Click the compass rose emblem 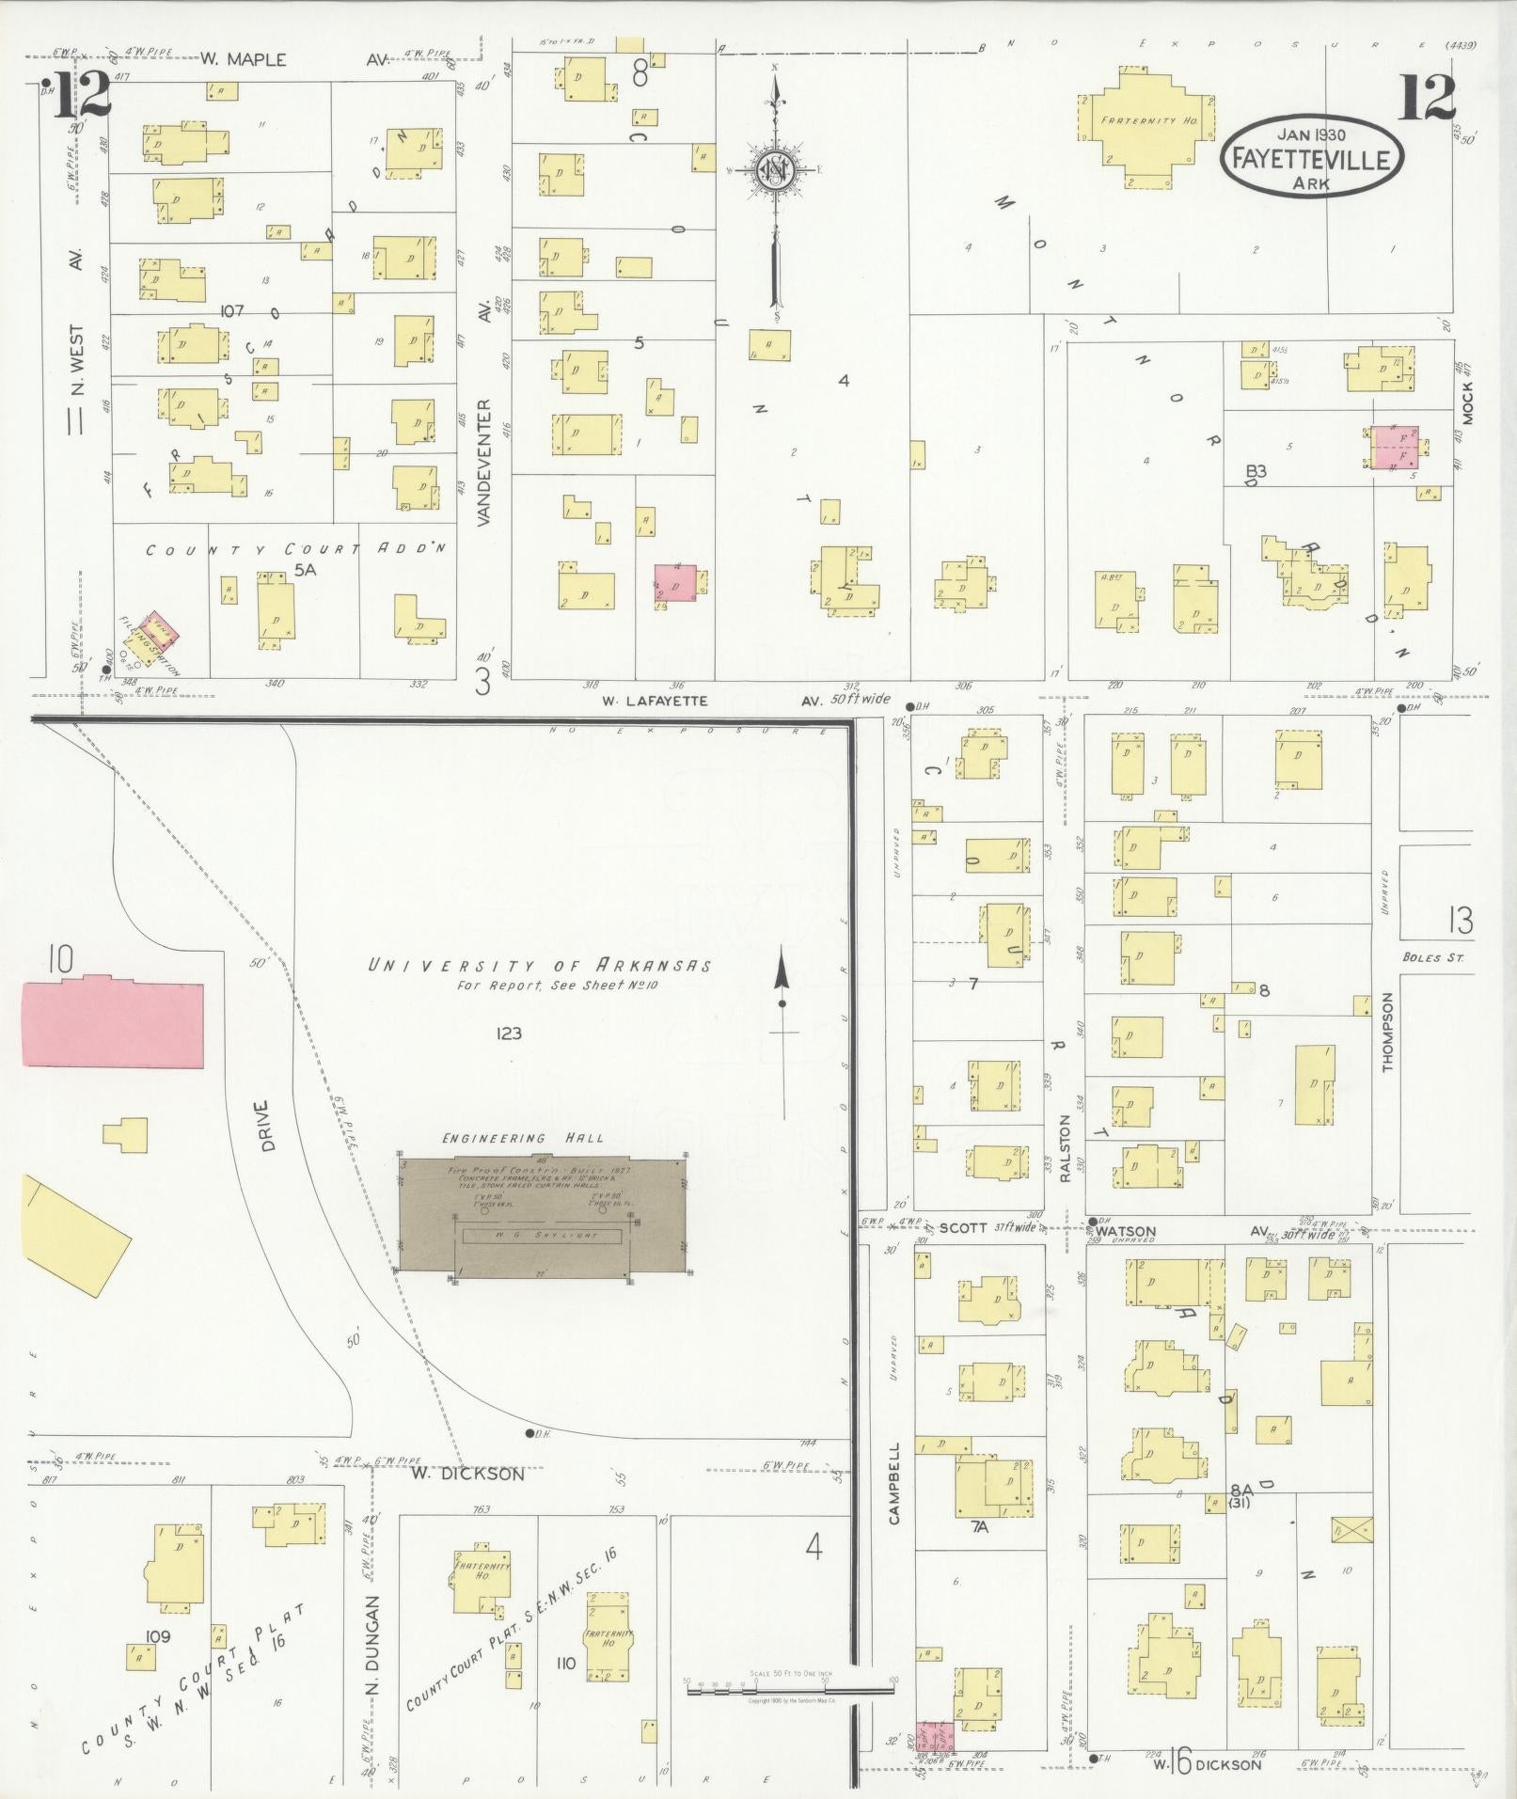point(776,170)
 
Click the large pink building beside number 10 point(112,1021)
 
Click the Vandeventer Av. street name point(484,461)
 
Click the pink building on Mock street point(1395,447)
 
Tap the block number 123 point(509,1034)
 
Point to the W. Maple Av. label point(243,59)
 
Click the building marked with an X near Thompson point(1351,1531)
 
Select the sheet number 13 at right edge point(1460,921)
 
